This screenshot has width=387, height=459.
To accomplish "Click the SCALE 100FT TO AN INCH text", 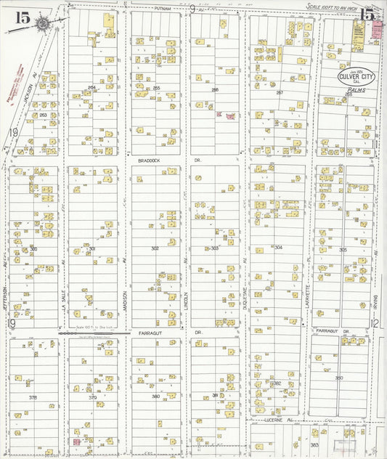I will click(333, 7).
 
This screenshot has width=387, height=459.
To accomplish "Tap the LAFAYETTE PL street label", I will click(309, 297).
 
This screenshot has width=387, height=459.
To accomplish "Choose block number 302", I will click(155, 248).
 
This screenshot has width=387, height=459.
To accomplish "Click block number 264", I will click(91, 88).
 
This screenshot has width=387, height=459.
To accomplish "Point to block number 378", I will click(32, 397).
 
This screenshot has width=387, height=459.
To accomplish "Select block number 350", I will click(338, 378).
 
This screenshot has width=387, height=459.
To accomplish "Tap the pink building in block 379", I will click(76, 441).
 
